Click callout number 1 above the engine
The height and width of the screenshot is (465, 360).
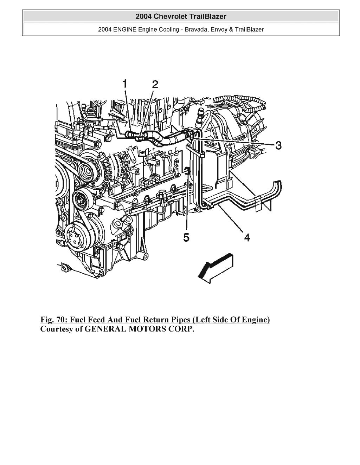(x=124, y=84)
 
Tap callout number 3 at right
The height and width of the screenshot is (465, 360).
(x=278, y=145)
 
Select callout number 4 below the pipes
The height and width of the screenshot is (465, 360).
(x=247, y=238)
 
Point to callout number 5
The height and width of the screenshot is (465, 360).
(x=186, y=238)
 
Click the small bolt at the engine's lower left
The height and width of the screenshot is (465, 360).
(x=64, y=269)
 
